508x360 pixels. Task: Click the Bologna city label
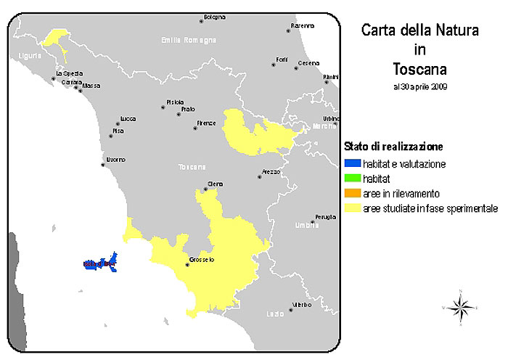(x=215, y=17)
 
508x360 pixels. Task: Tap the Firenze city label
(x=206, y=123)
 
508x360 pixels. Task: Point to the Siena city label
(x=216, y=183)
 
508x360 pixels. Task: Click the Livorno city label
(x=116, y=159)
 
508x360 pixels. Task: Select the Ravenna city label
(x=303, y=25)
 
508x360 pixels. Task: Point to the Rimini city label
(x=331, y=76)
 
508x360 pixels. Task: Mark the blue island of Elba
(x=101, y=263)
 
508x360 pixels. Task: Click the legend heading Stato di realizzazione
(x=395, y=147)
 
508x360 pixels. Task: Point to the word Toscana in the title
(x=419, y=70)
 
